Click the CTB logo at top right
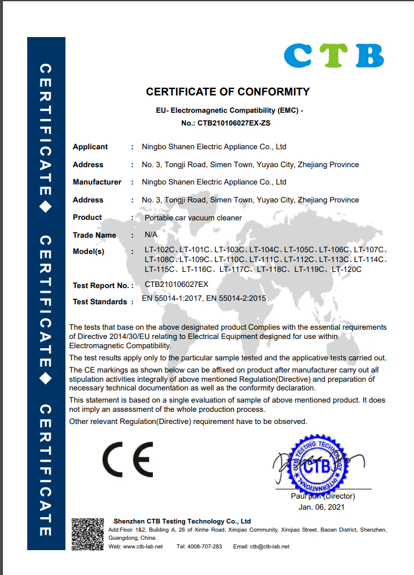tap(334, 56)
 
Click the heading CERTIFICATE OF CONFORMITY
tap(228, 91)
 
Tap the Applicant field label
tap(90, 147)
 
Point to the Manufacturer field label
tap(97, 182)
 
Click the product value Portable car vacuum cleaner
tap(193, 218)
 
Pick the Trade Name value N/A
tap(151, 235)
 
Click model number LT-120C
tap(346, 269)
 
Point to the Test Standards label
tap(100, 301)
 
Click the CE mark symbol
tap(127, 459)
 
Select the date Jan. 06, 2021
tap(321, 507)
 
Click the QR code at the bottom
tap(87, 534)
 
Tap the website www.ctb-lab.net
tap(143, 547)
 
